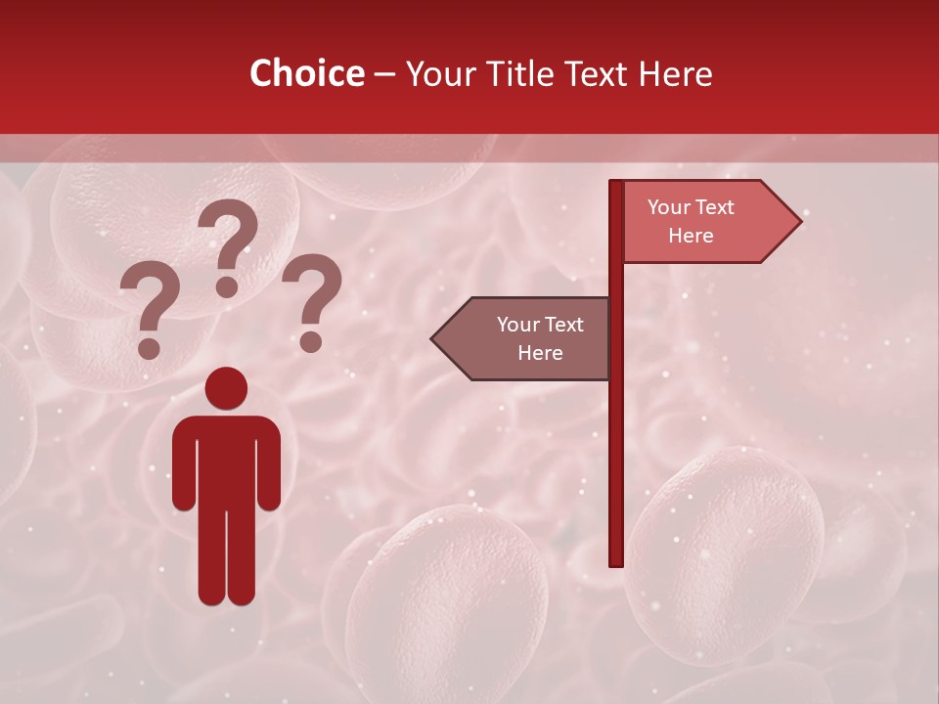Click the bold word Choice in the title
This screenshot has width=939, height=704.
click(x=307, y=73)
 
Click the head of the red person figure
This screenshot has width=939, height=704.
click(x=227, y=387)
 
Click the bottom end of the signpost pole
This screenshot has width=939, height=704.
click(x=616, y=562)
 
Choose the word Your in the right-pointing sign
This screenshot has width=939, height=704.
click(x=670, y=207)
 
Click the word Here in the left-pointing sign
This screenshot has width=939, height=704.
click(x=540, y=353)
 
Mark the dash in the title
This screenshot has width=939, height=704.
click(x=384, y=74)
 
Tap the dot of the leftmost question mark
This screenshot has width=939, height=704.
click(x=149, y=347)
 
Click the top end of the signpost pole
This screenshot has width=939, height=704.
click(x=616, y=184)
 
